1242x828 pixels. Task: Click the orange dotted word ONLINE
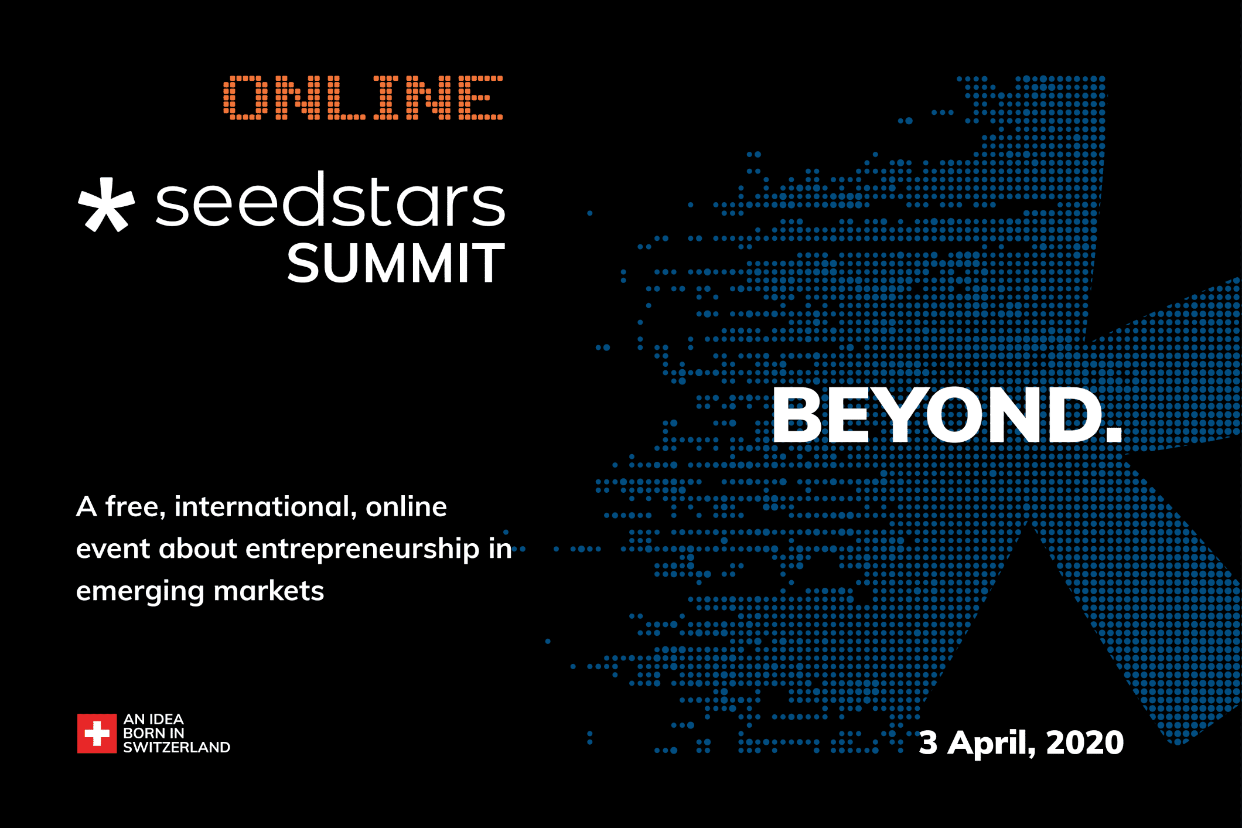pos(363,98)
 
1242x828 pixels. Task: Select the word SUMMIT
pos(395,264)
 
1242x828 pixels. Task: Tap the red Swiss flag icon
pos(97,733)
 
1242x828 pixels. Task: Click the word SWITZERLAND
pos(176,748)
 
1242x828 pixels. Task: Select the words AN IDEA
pos(153,720)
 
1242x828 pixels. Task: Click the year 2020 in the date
pos(1085,743)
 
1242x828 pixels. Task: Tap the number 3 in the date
pos(928,743)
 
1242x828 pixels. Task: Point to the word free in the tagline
pos(135,506)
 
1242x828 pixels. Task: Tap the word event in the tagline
pos(113,550)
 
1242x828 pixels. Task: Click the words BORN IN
pos(153,734)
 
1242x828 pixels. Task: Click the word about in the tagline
pos(198,549)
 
